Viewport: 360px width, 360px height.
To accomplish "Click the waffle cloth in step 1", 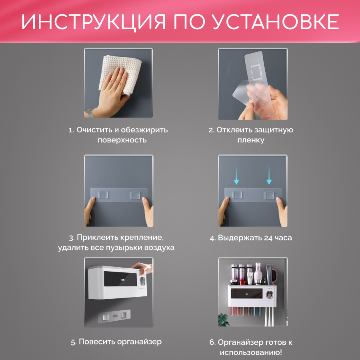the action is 120,74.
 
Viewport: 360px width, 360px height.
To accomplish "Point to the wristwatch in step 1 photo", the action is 89,113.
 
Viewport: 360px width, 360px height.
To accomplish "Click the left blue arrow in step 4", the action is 236,175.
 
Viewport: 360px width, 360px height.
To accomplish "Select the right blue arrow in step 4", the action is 269,175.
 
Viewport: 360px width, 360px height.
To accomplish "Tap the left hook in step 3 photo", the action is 103,195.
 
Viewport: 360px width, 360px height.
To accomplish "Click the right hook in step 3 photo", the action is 135,195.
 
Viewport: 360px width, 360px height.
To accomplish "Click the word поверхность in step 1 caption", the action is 122,140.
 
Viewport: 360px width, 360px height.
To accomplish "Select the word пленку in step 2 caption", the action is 251,140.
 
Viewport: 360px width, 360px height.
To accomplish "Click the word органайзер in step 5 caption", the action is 139,342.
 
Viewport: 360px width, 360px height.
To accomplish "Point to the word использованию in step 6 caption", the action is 251,352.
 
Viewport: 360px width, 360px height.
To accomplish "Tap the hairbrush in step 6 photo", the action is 275,276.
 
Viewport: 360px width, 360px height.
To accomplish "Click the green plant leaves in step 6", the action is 223,320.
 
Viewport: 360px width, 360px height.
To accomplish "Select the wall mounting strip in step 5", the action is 114,316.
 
